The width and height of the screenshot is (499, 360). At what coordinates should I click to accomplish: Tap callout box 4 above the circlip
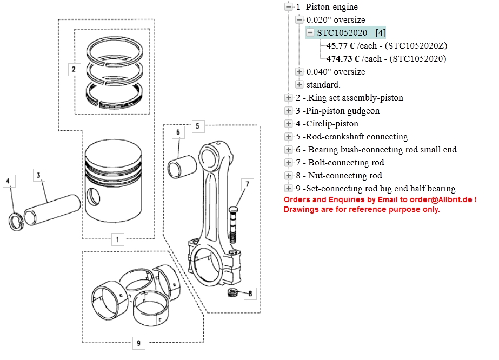(8, 182)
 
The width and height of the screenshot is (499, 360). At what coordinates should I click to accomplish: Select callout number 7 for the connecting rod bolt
(247, 184)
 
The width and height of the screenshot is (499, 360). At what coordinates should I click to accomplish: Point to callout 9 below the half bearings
(139, 342)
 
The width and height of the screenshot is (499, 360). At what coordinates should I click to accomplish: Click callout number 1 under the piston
(118, 239)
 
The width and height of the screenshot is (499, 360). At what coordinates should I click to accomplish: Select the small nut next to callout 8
(232, 293)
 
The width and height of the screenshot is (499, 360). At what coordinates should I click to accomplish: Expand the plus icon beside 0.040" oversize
(300, 72)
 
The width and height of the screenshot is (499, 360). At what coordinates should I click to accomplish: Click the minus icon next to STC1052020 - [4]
(310, 33)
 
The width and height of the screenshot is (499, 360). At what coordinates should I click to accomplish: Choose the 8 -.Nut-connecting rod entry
(338, 176)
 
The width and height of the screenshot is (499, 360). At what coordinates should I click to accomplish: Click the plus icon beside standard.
(300, 85)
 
